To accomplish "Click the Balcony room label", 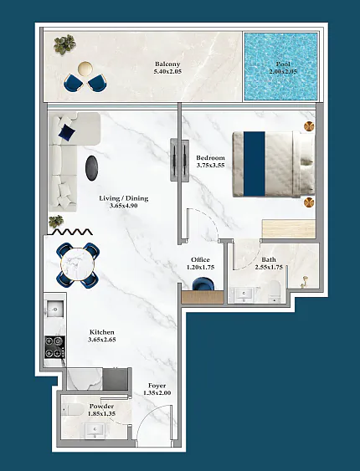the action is [167, 64].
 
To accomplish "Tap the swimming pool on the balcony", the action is [281, 66].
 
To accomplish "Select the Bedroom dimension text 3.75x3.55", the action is [210, 165].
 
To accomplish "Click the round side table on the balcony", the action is [85, 69].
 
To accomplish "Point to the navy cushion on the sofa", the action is [67, 132].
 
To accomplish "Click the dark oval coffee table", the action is [91, 168].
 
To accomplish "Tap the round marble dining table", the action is [78, 264].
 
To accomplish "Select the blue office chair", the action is [203, 284].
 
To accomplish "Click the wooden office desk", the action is [203, 297].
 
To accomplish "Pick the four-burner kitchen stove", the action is [54, 347].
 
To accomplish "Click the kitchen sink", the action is [55, 309].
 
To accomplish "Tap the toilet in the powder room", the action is [73, 409].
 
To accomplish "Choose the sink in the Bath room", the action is [244, 294].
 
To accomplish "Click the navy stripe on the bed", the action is [255, 164].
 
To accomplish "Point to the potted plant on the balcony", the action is [64, 44].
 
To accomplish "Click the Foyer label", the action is [157, 386].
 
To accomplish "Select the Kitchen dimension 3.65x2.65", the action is [102, 340].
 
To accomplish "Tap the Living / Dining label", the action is [124, 198].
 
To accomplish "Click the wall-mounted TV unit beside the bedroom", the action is [180, 160].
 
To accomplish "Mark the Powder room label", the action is [101, 406].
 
